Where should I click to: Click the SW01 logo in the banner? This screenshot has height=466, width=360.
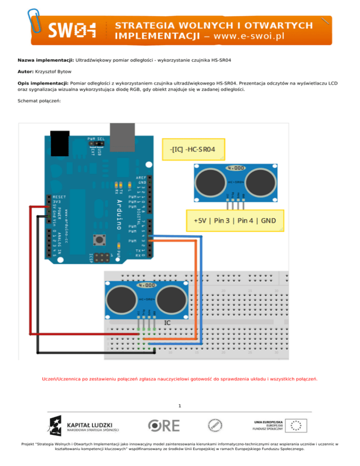(72, 30)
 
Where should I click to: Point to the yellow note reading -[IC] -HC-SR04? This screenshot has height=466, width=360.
(193, 149)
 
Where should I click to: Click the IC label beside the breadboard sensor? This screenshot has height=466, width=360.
(167, 323)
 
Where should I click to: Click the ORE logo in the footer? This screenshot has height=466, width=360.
(164, 425)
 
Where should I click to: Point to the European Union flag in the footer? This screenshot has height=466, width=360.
(296, 425)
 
